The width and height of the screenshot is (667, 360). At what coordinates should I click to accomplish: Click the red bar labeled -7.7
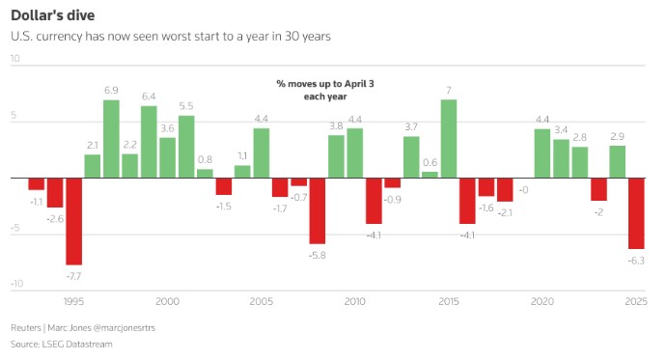pos(73,221)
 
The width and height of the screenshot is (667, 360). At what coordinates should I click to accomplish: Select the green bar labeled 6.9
pos(111,139)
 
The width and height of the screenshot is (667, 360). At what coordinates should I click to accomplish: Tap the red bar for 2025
pos(636,213)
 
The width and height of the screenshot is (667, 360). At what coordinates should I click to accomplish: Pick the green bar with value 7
pos(448,139)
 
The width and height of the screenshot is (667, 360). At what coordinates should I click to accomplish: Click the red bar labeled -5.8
pos(317,210)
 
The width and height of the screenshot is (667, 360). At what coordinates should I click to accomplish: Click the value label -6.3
pos(636,261)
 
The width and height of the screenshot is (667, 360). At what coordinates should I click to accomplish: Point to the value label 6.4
pos(149,97)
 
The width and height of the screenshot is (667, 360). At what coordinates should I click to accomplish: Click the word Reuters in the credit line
pos(27,326)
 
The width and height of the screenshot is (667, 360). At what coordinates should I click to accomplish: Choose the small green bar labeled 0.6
pos(430,175)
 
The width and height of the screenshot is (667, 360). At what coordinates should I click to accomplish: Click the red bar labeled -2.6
pos(55,193)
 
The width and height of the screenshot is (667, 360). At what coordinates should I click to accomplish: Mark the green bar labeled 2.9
pos(617,161)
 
